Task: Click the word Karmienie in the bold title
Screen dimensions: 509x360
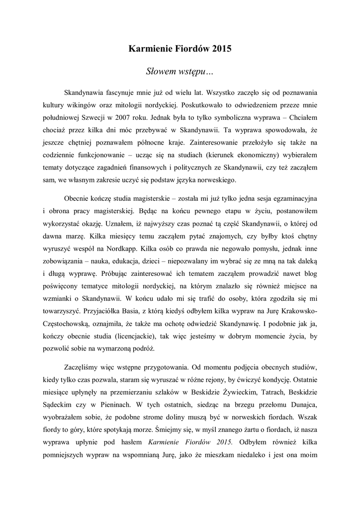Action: [x=149, y=49]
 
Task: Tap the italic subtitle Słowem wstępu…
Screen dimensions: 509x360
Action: [x=180, y=72]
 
